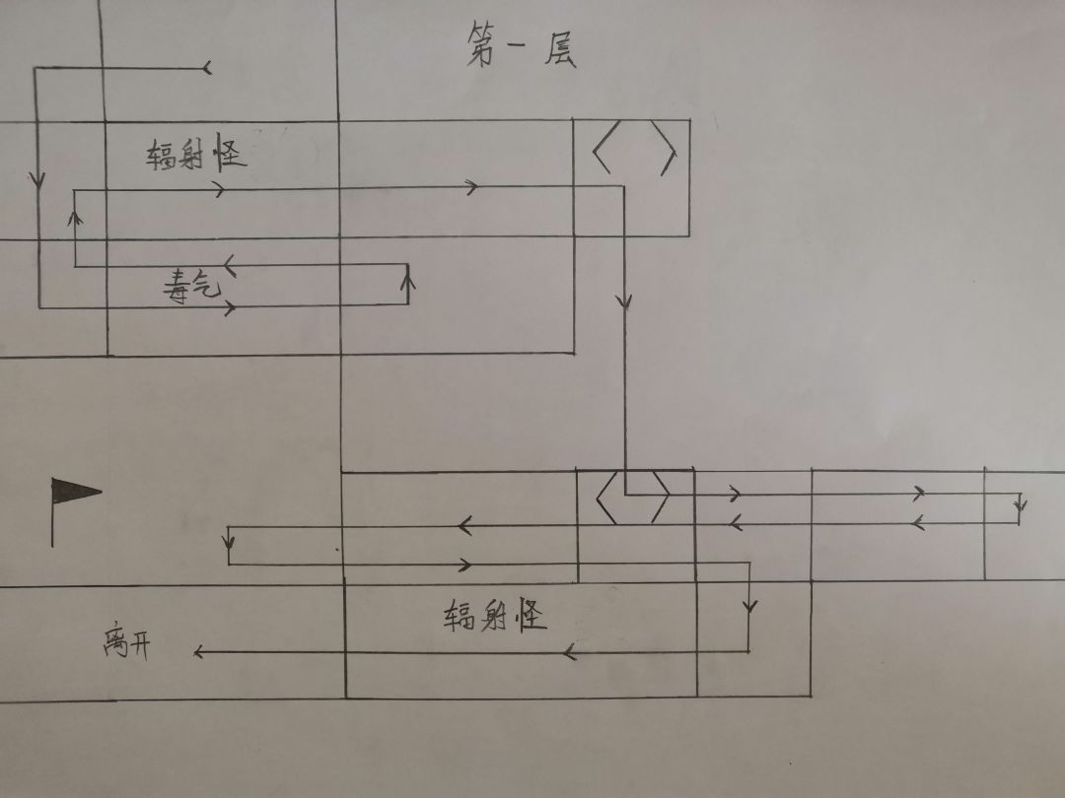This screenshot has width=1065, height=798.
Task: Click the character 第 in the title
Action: click(481, 44)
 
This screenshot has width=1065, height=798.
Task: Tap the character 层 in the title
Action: click(560, 49)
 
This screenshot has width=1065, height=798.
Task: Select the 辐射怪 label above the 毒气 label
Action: click(195, 152)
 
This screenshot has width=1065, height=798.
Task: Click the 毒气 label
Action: click(192, 286)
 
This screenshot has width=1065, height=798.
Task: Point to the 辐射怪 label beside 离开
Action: click(495, 615)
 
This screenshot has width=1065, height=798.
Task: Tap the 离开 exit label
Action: click(127, 642)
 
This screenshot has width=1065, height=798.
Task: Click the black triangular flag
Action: click(76, 491)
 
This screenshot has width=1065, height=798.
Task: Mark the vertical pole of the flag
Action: click(52, 513)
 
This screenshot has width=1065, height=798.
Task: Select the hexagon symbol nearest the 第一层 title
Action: click(634, 148)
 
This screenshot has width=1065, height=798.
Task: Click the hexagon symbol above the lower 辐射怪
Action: click(633, 497)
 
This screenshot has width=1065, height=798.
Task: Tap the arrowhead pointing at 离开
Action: click(198, 652)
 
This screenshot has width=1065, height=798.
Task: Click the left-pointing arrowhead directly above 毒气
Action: click(230, 265)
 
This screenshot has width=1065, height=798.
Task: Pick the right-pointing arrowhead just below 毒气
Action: click(230, 307)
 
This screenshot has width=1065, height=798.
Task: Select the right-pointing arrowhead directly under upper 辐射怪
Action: click(219, 189)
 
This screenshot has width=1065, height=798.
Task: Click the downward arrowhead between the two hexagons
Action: click(625, 302)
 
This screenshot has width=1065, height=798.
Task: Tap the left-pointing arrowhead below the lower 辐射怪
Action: click(571, 652)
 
